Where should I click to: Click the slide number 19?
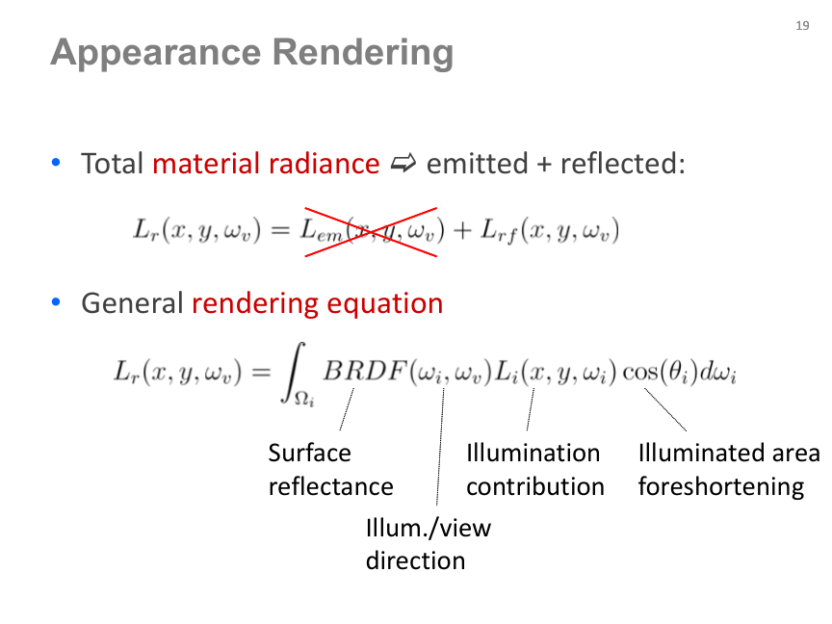coord(802,25)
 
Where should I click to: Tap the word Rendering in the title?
coord(363,54)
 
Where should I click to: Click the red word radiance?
coord(324,163)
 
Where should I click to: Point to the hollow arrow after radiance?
coord(403,163)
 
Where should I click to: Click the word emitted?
coord(477,163)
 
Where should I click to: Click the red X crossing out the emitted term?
coord(371,232)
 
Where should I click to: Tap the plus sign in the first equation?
coord(462,231)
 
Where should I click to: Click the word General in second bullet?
coord(132,303)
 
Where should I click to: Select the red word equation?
coord(384,304)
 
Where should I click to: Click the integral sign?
coord(294,373)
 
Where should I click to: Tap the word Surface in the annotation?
coord(309,454)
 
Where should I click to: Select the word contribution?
coord(535,486)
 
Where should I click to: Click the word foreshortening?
coord(721,487)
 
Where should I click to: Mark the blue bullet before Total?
coord(56,163)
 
